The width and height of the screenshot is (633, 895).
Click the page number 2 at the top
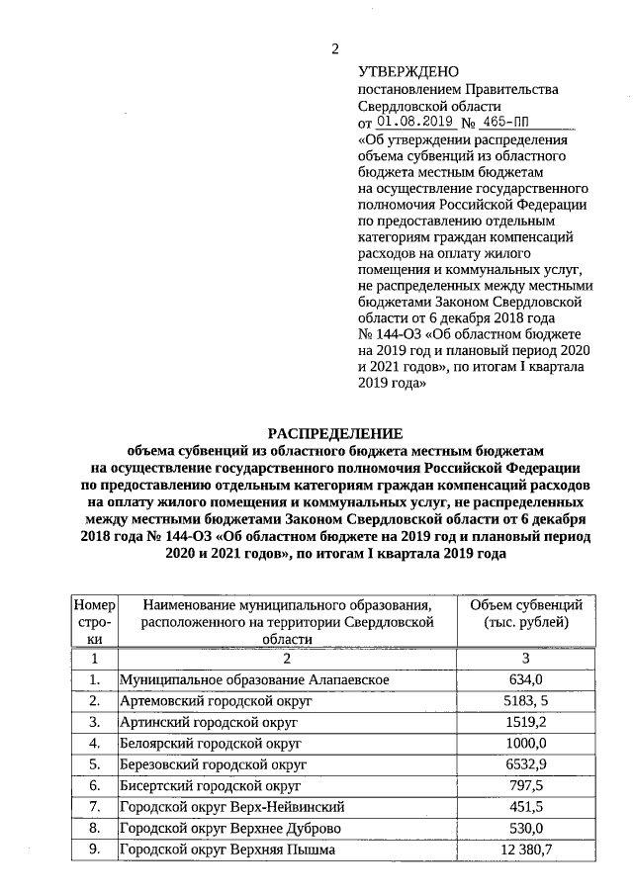coord(335,49)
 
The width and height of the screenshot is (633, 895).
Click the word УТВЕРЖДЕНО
coord(408,72)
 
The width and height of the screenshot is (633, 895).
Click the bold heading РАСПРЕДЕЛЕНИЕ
coord(336,433)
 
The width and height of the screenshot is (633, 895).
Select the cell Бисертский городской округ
coord(209,785)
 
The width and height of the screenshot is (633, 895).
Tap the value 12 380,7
coord(526,850)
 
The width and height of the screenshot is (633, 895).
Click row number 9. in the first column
coord(95,850)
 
